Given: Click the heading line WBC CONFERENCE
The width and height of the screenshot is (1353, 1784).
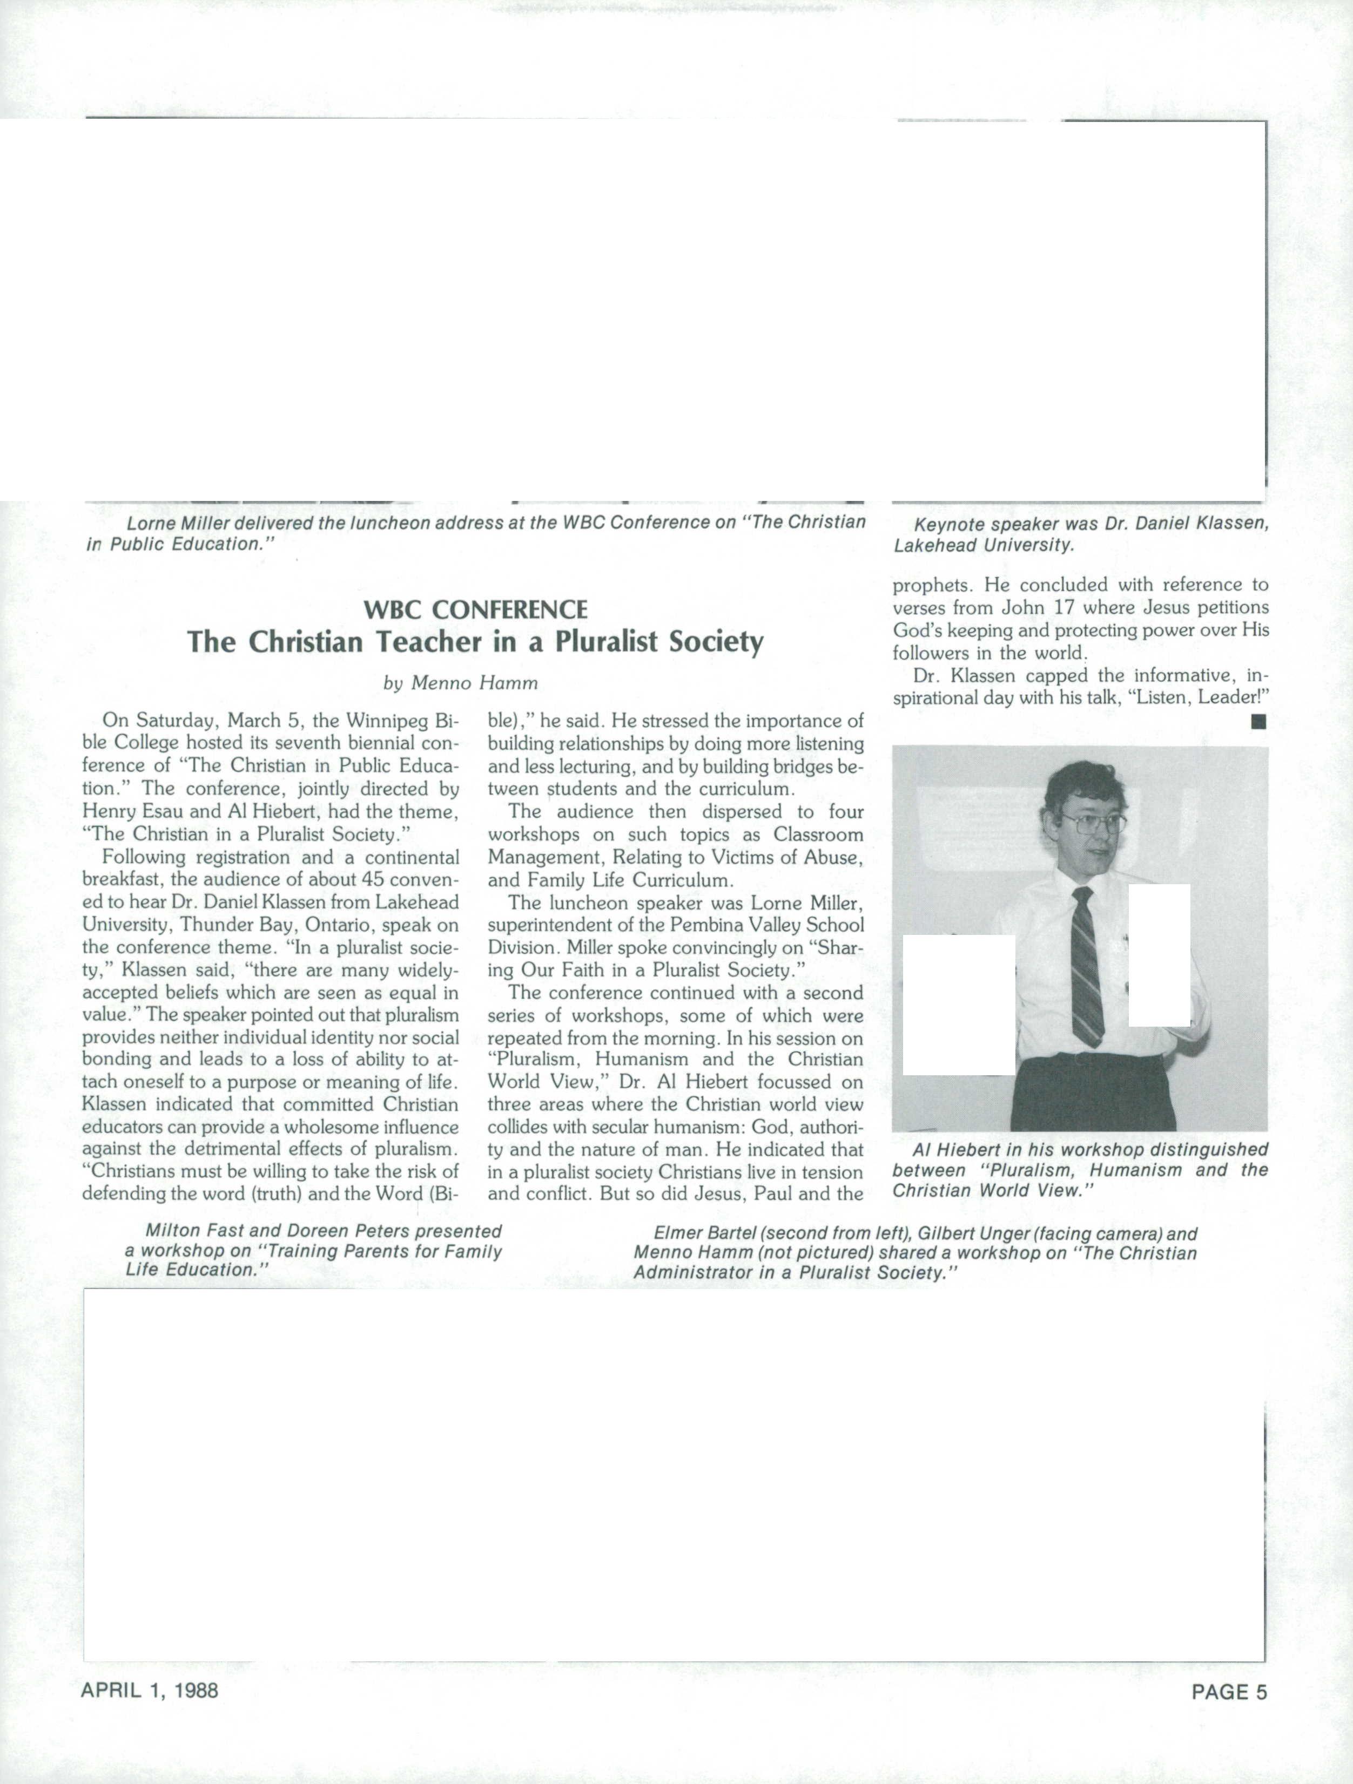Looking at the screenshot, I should click(475, 609).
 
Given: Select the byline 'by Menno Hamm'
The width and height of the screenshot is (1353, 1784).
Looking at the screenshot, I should click(460, 683).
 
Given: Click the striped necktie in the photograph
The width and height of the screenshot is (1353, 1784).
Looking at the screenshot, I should click(1086, 968).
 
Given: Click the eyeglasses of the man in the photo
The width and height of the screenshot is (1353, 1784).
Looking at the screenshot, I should click(1095, 823).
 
